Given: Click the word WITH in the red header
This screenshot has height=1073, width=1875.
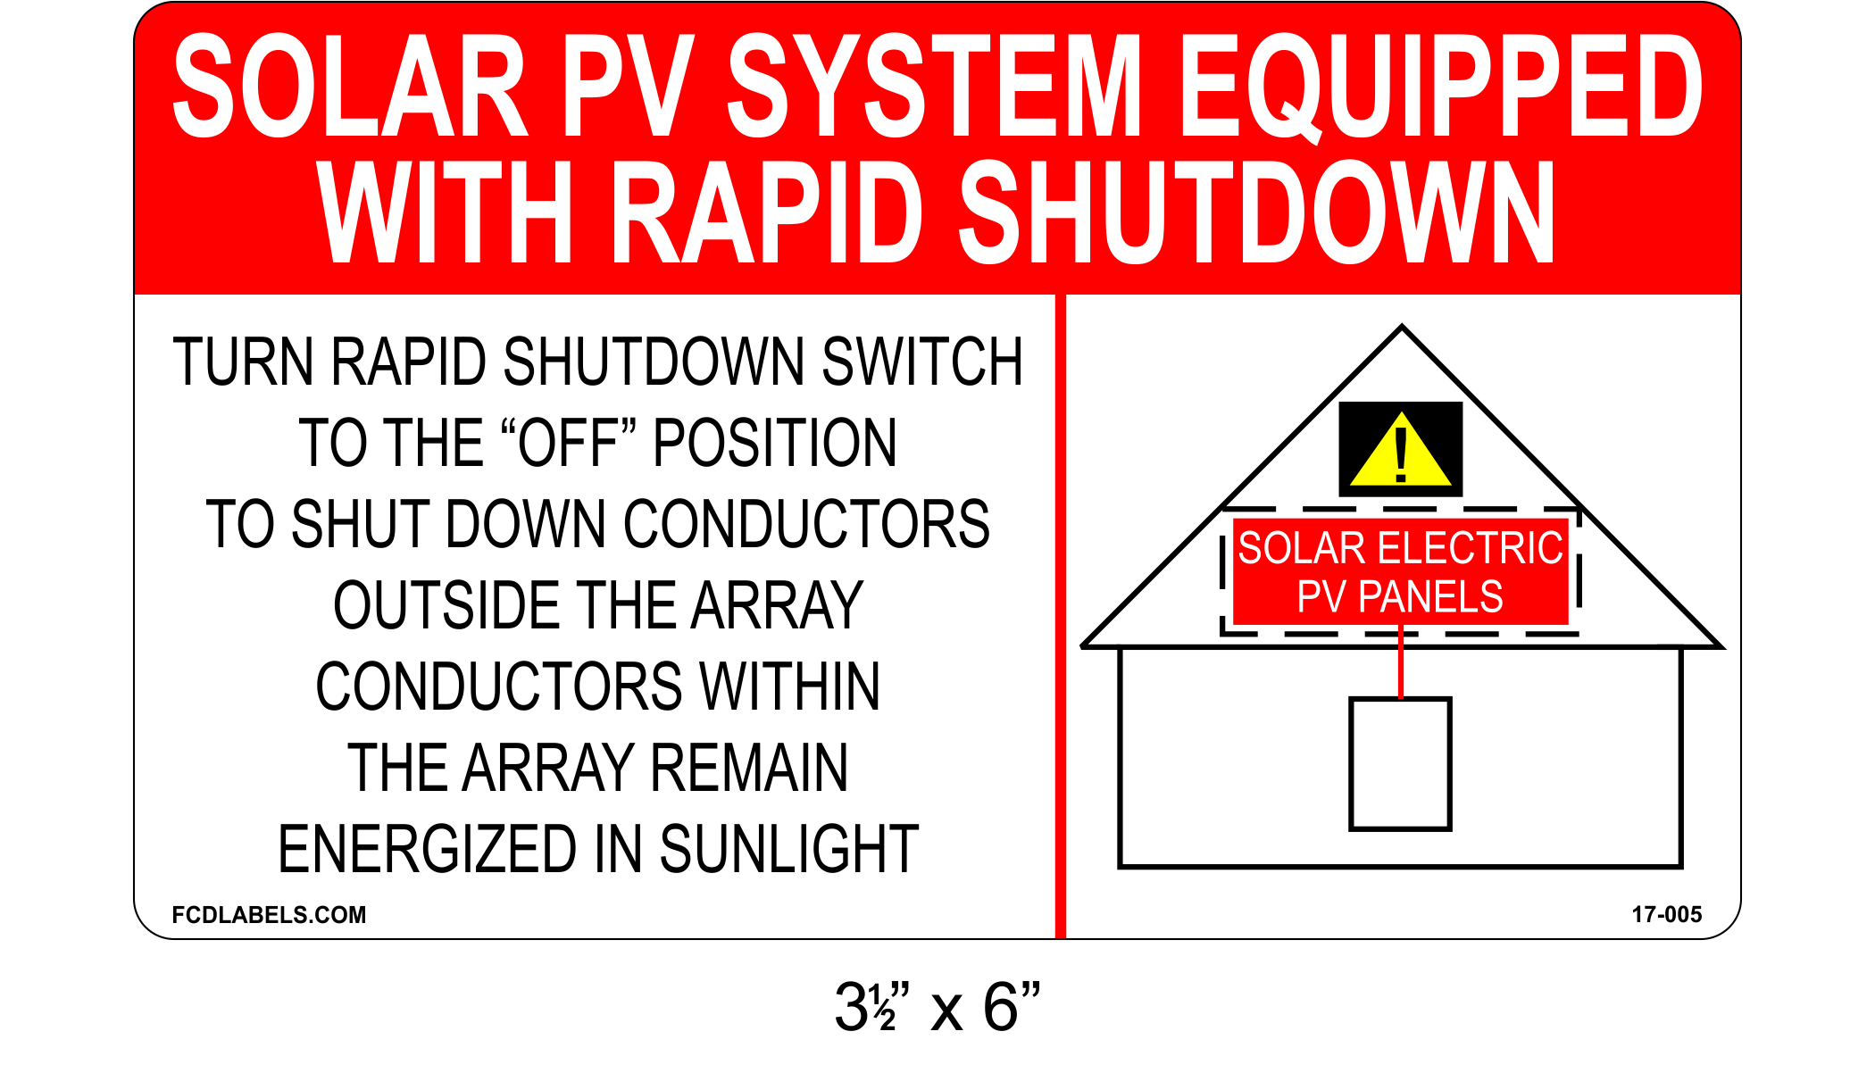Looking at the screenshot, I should (445, 213).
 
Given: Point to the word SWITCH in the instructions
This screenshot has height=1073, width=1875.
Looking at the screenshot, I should (921, 362).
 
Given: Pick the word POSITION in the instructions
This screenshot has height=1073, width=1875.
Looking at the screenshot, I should (775, 444).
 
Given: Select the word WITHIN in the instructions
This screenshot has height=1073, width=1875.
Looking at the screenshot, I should (790, 687).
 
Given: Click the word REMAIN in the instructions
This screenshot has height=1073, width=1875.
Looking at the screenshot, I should (748, 769).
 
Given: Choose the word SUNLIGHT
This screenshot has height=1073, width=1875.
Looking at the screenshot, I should (789, 850).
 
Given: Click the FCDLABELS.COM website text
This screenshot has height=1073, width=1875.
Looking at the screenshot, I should (269, 915).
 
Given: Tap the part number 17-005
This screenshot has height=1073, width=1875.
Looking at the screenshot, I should (1666, 915).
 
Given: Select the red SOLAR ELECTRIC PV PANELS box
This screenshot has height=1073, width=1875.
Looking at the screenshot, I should (1400, 572).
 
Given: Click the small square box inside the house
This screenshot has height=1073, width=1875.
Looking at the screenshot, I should (1400, 764).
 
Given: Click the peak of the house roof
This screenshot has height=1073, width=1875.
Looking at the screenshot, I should (1402, 329).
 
